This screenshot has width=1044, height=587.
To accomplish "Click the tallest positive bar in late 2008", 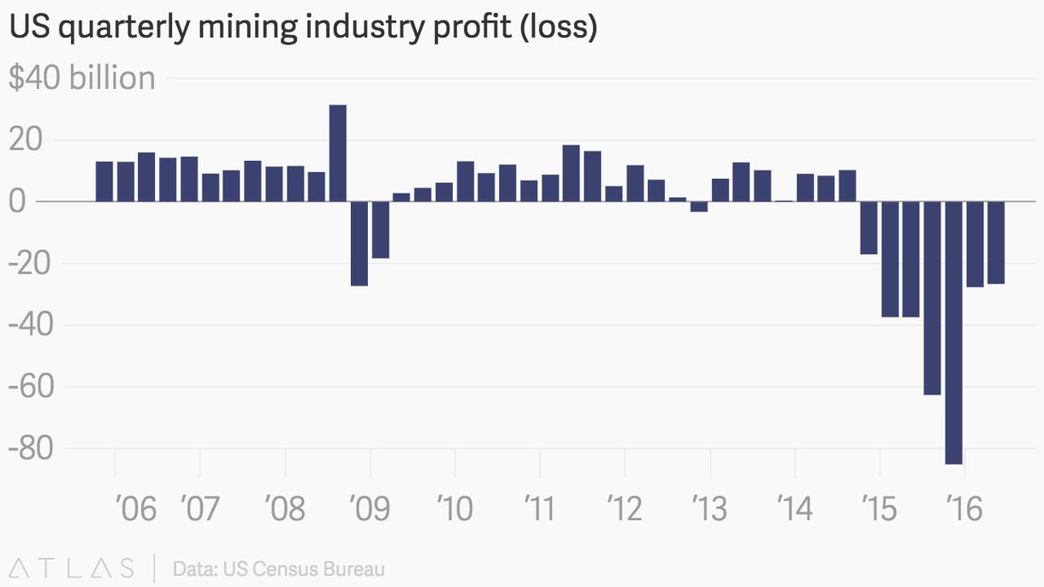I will pos(338,153).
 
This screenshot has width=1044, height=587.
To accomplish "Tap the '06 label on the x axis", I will pos(135,509).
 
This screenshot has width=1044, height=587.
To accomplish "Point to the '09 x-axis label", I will pos(370,509).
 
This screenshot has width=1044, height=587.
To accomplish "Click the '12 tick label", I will pos(625,509).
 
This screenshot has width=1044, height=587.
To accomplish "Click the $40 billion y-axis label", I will pos(82,79).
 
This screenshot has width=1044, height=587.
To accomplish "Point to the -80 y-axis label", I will pos(30,448).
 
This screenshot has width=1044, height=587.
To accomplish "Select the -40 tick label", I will pos(30,325).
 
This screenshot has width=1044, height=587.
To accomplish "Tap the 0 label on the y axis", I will pos(18,202).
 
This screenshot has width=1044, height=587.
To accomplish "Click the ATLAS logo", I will pos(72,568).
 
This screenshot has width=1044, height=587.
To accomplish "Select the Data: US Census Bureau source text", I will pos(278,569).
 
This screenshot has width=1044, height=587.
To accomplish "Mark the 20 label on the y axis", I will pos(26,140).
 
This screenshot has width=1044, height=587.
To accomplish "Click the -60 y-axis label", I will pos(30,387).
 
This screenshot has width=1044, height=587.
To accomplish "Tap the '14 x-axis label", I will pos(795,509).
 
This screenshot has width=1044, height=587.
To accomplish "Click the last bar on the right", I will pos(995,242).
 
